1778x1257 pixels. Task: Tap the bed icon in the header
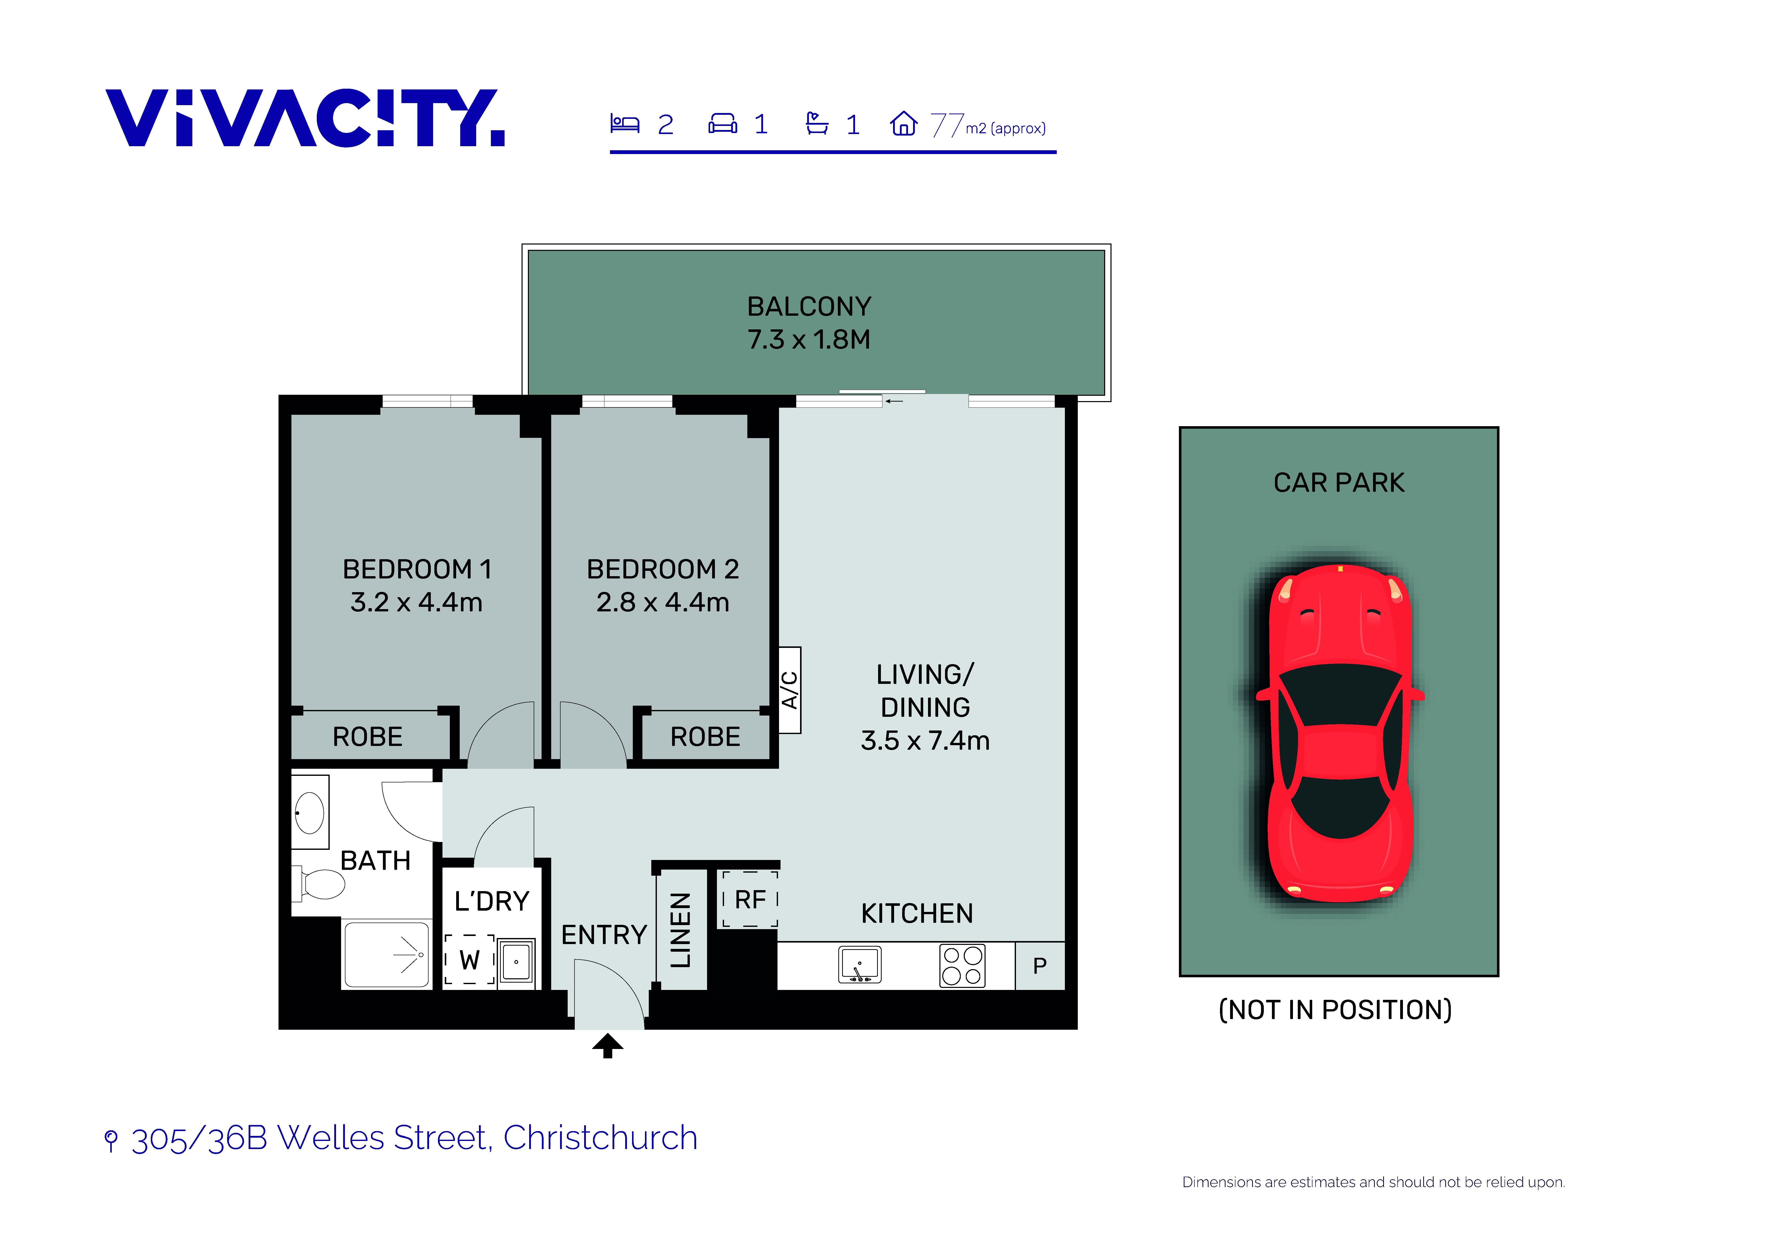[x=624, y=123]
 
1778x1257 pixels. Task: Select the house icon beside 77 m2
[x=903, y=123]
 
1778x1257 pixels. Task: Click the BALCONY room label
[x=809, y=307]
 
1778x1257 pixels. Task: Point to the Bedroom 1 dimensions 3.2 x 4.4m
[x=417, y=602]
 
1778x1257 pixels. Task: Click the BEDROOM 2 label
[x=663, y=569]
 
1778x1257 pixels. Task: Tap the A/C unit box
[x=790, y=690]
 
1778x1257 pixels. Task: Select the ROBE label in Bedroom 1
[x=368, y=737]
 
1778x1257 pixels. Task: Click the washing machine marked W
[x=469, y=960]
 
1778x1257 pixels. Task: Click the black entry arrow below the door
[x=608, y=1046]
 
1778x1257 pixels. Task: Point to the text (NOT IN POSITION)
[x=1335, y=1010]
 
